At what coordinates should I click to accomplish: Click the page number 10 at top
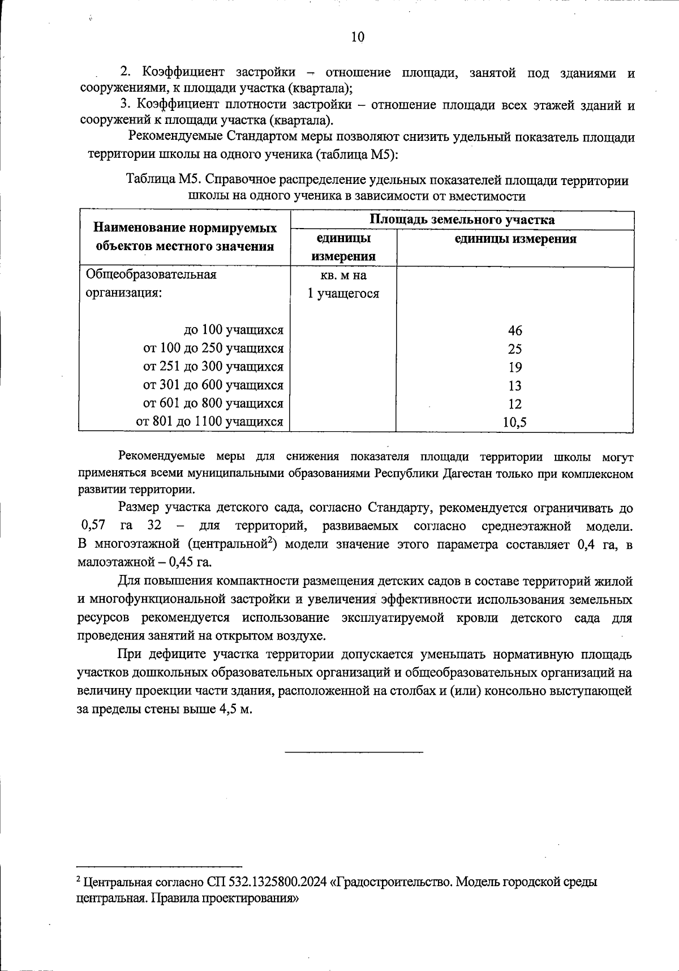coord(358,37)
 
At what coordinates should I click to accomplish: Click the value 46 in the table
coord(515,330)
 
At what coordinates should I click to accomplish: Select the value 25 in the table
coord(515,349)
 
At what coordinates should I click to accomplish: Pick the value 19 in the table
coord(515,367)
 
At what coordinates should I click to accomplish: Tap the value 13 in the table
coord(515,386)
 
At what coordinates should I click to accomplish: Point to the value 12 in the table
coord(515,404)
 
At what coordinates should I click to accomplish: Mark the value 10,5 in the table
coord(515,422)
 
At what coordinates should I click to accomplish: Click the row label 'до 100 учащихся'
coord(234,330)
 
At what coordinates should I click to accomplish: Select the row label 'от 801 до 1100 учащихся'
coord(209,422)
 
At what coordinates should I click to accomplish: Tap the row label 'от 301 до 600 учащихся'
coord(213,385)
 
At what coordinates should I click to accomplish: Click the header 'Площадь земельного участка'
coord(462,220)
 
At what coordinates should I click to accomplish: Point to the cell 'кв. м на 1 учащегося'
coord(343,285)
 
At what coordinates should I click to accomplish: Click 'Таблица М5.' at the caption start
coord(161,181)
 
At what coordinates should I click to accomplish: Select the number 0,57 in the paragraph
coord(93,526)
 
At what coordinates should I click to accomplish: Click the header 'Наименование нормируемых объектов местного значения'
coord(185,237)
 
